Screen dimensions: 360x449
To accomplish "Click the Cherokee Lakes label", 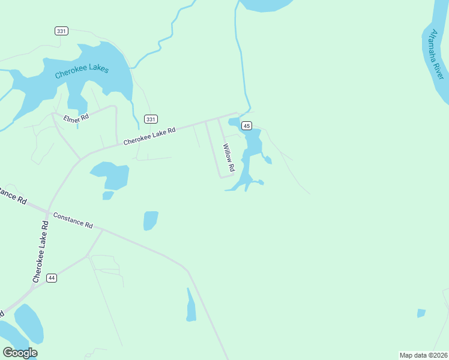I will (x=82, y=71).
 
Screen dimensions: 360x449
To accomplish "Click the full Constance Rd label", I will (x=73, y=220).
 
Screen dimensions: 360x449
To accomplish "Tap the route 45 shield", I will (x=246, y=125).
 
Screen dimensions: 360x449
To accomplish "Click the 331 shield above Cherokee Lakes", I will (x=61, y=31).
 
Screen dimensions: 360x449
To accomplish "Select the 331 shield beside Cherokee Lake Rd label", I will (x=151, y=119).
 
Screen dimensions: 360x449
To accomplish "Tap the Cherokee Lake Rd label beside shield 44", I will (x=41, y=251).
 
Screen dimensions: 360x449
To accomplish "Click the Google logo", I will (x=20, y=353).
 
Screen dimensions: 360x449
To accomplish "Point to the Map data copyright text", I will (x=423, y=355).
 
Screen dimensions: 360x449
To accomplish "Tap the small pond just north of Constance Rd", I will (x=151, y=220).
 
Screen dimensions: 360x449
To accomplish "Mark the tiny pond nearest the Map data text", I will (x=421, y=313).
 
